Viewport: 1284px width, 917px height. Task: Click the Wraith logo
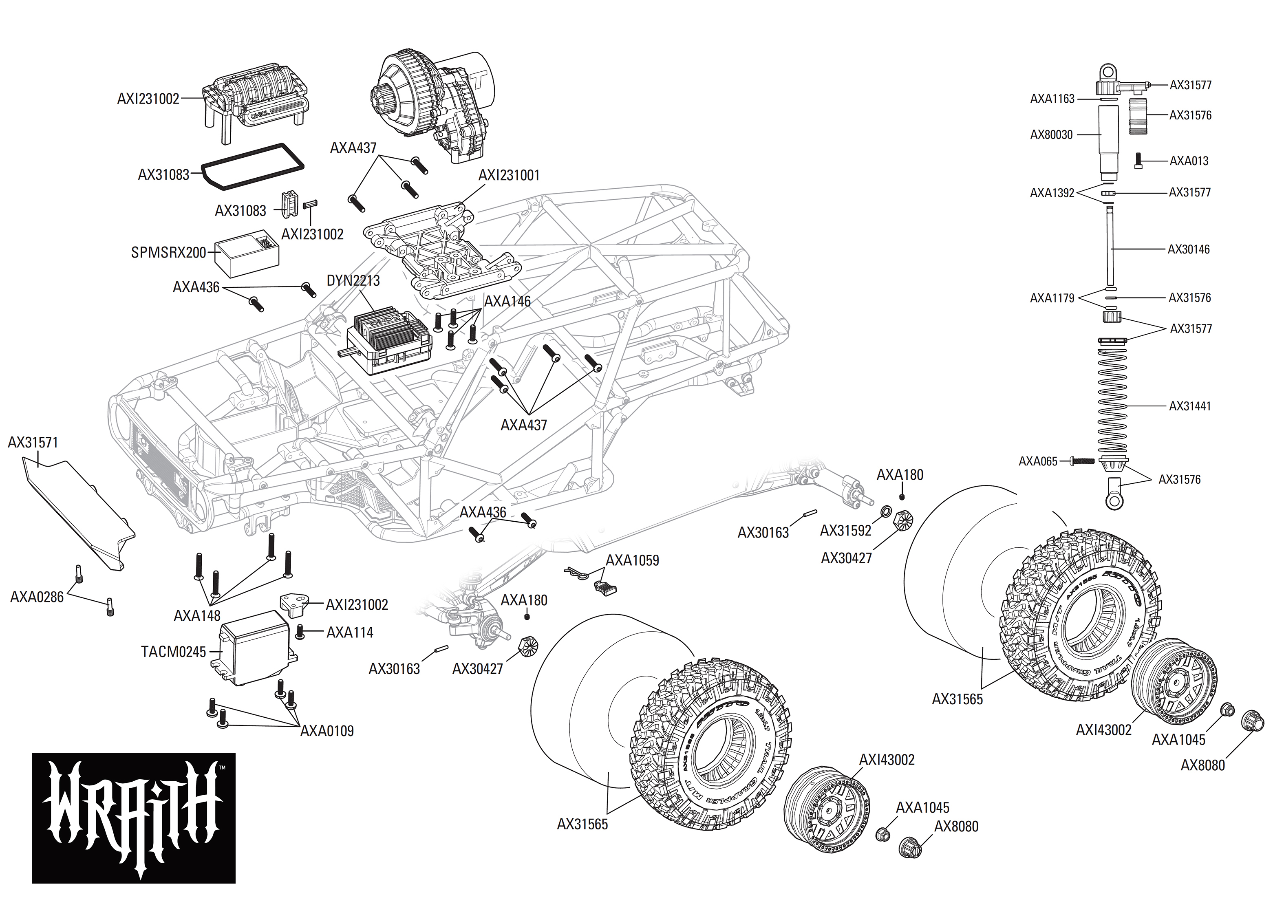coord(133,817)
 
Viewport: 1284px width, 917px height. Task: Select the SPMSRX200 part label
coord(168,252)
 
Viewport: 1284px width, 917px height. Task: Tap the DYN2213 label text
coord(353,281)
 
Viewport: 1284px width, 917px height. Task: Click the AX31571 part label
coord(33,442)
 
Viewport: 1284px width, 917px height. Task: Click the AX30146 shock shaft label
coord(1189,249)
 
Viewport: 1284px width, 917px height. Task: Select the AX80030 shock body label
coord(1051,134)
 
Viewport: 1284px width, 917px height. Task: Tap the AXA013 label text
coord(1189,161)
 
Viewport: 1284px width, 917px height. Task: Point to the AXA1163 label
coord(1052,99)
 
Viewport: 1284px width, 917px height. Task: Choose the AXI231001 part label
coord(509,176)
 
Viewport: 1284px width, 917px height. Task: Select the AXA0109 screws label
coord(327,731)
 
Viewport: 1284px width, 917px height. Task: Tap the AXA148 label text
coord(197,615)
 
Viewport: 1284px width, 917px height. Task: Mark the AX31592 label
coord(845,530)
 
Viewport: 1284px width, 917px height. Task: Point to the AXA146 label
coord(507,302)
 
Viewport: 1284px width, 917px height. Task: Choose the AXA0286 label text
coord(37,596)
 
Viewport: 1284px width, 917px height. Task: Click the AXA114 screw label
coord(349,633)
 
